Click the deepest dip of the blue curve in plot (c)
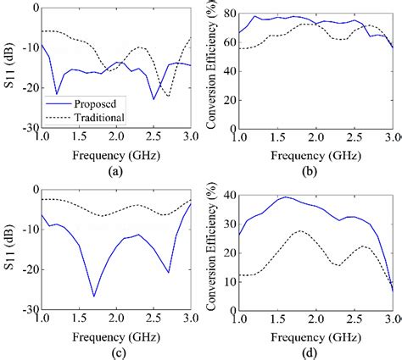pyautogui.click(x=93, y=296)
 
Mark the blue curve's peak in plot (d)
pyautogui.click(x=286, y=197)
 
